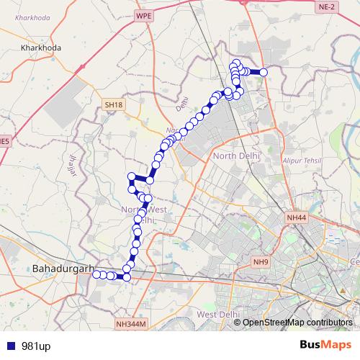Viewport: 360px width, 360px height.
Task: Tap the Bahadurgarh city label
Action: (63, 269)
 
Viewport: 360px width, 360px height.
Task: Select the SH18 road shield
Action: (114, 105)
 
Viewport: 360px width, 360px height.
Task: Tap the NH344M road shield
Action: (130, 325)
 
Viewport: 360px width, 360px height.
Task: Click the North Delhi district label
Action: (235, 156)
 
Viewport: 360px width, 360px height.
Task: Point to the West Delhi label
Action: (217, 315)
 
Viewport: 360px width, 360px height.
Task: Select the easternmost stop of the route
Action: (264, 72)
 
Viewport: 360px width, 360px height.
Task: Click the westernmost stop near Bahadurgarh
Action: (96, 274)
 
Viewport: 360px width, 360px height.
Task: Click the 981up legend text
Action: (36, 346)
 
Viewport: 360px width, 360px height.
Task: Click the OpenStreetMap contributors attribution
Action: (297, 322)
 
